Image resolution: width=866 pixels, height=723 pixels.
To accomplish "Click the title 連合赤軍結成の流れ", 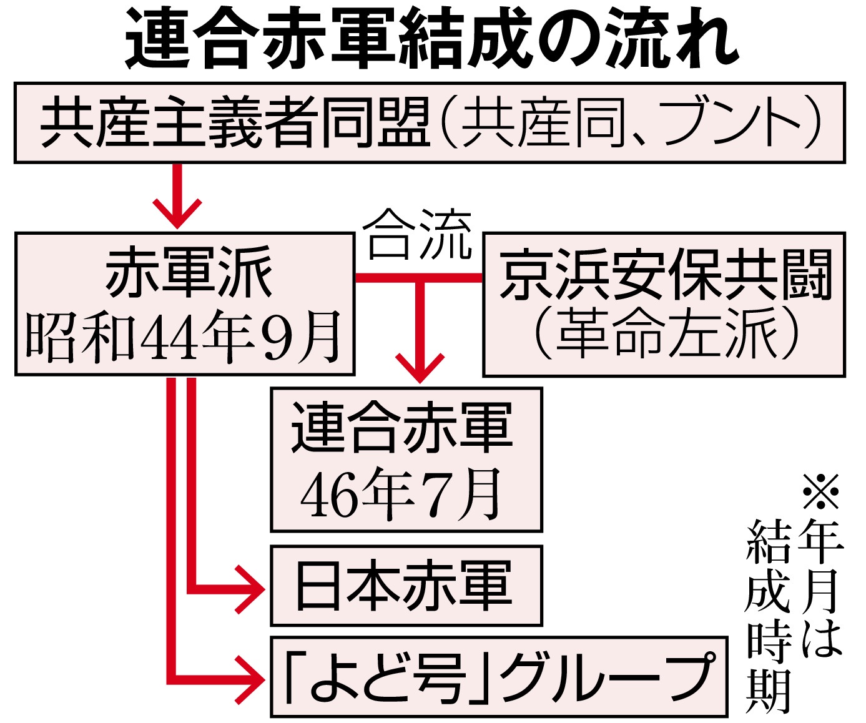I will (x=432, y=39).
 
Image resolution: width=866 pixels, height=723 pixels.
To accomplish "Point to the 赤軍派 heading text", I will (x=189, y=272).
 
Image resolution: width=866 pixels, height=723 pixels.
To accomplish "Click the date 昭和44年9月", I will (x=185, y=338).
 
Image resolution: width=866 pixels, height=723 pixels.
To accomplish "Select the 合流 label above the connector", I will (x=417, y=235).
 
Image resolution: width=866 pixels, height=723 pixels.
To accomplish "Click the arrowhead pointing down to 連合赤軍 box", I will (x=420, y=368).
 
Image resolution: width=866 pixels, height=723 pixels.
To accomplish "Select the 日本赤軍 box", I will (x=406, y=586).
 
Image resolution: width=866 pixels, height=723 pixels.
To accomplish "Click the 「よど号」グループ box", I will (x=499, y=677).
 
